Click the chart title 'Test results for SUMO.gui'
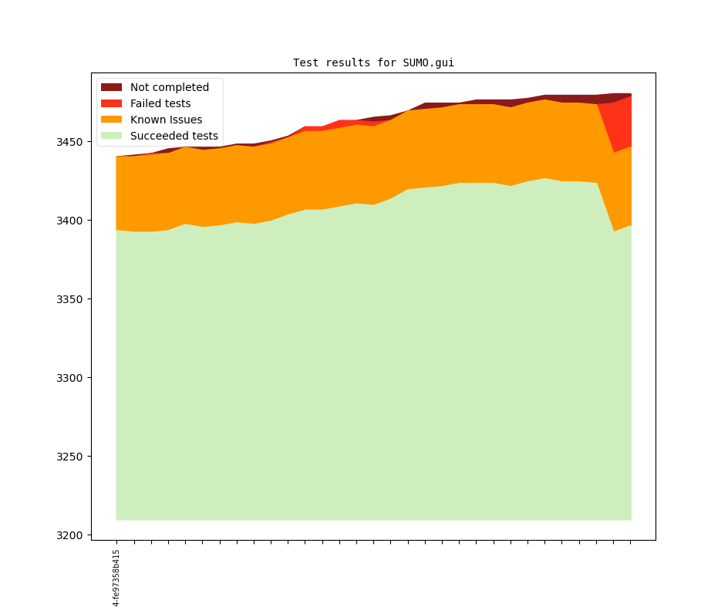(x=373, y=62)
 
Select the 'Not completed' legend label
(x=169, y=87)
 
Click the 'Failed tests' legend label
(x=160, y=103)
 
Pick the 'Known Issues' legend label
(x=166, y=120)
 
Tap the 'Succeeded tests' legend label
(x=174, y=136)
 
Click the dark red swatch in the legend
(x=111, y=87)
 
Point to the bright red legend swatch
(x=111, y=103)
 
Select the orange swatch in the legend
(x=111, y=120)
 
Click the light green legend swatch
(x=111, y=136)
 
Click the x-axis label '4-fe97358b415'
(x=116, y=578)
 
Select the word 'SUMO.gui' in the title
(x=428, y=62)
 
